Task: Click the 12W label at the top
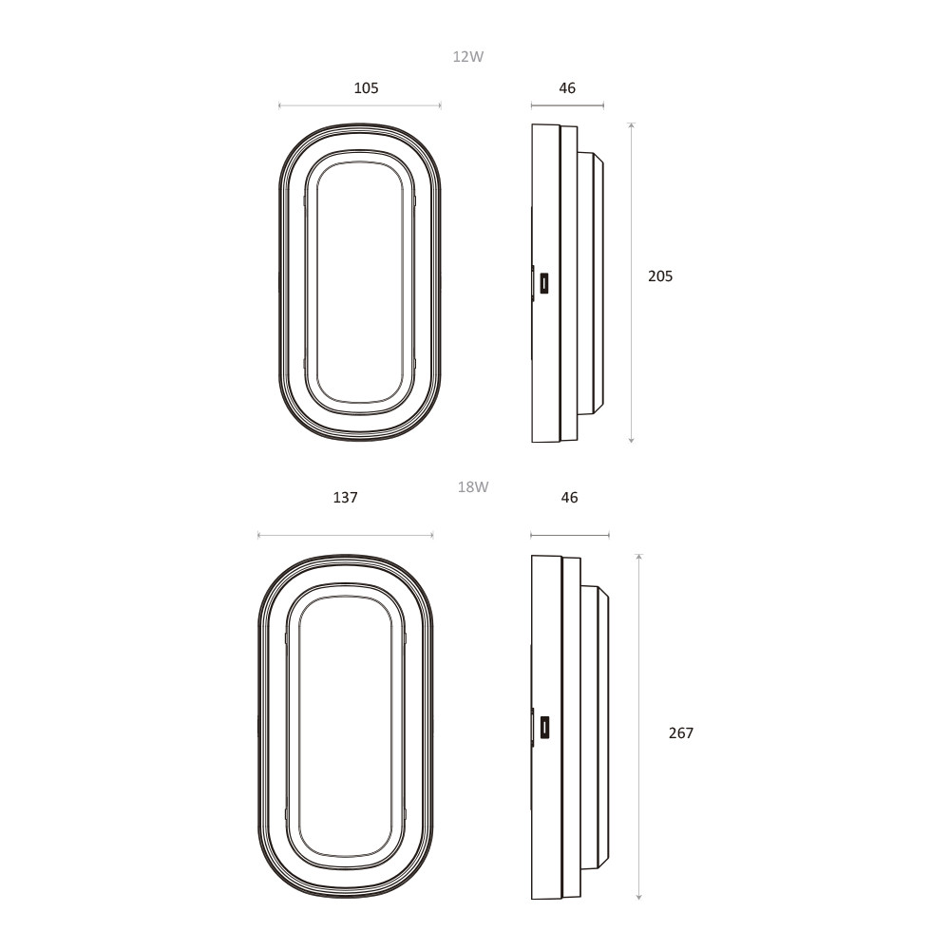468,57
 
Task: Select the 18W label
473,487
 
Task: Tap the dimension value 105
366,88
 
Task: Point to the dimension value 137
346,498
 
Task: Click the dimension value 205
660,276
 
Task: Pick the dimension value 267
681,733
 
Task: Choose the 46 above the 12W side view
567,88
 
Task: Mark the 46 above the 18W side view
569,498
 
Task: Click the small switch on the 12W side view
544,283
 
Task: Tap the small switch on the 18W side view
544,724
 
